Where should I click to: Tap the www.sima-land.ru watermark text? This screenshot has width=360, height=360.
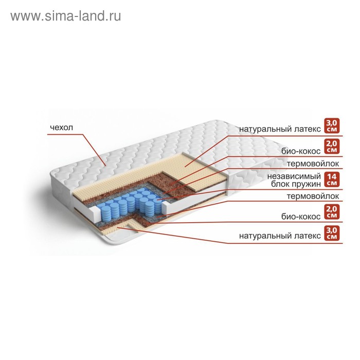(65, 16)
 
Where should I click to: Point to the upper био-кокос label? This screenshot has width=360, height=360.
(301, 151)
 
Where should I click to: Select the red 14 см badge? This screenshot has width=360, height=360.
(332, 180)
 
